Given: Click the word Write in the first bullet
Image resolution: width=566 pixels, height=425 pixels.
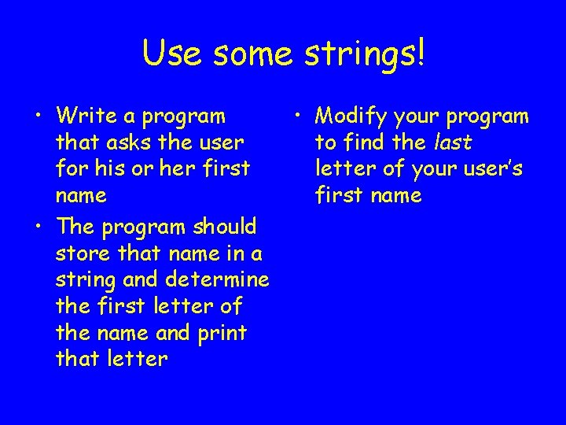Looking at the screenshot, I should [86, 116].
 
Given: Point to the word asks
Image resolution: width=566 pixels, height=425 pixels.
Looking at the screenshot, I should [123, 143].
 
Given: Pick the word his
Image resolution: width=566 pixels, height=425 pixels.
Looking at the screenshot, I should [106, 169].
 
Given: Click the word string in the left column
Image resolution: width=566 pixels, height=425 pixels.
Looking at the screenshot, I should [83, 281].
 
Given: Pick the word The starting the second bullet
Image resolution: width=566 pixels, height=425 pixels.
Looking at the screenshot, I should [75, 227].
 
